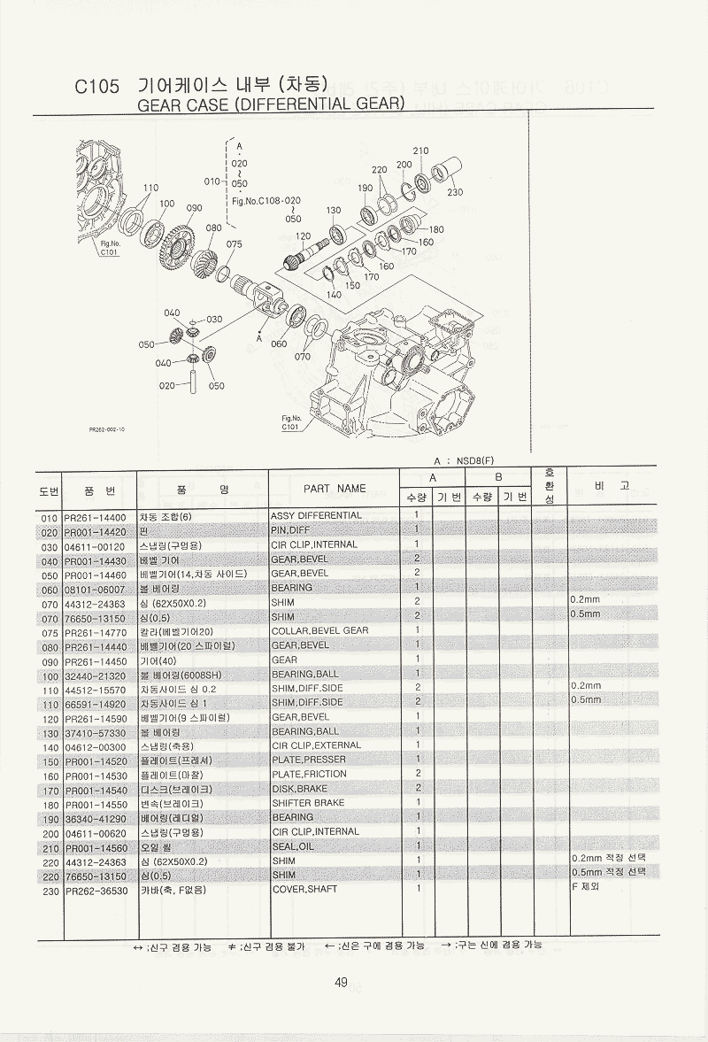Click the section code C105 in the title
[96, 87]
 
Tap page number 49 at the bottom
[341, 980]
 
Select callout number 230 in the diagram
[455, 192]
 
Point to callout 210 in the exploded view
[420, 151]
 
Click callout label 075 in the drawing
[234, 244]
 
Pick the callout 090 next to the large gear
[194, 208]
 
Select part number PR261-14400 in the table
[96, 516]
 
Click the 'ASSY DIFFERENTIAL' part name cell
[316, 515]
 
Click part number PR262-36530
[96, 890]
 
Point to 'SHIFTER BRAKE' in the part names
[307, 803]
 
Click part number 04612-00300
[96, 745]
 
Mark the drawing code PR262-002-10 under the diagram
[107, 428]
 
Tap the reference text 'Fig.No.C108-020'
[265, 200]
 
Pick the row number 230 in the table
[50, 890]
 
